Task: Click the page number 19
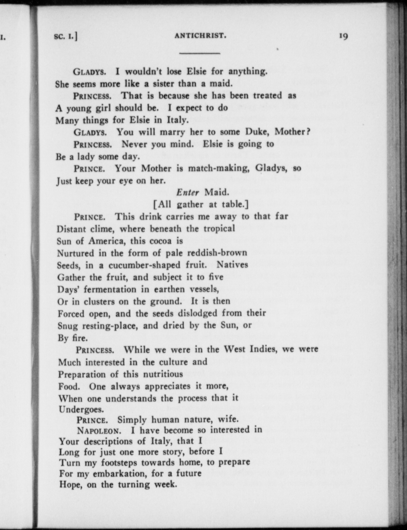(x=343, y=36)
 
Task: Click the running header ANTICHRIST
(x=200, y=36)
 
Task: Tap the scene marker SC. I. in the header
(x=66, y=36)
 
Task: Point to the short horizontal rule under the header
(x=200, y=53)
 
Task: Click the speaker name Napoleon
(x=98, y=431)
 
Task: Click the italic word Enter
(x=188, y=192)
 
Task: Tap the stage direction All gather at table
(x=201, y=204)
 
